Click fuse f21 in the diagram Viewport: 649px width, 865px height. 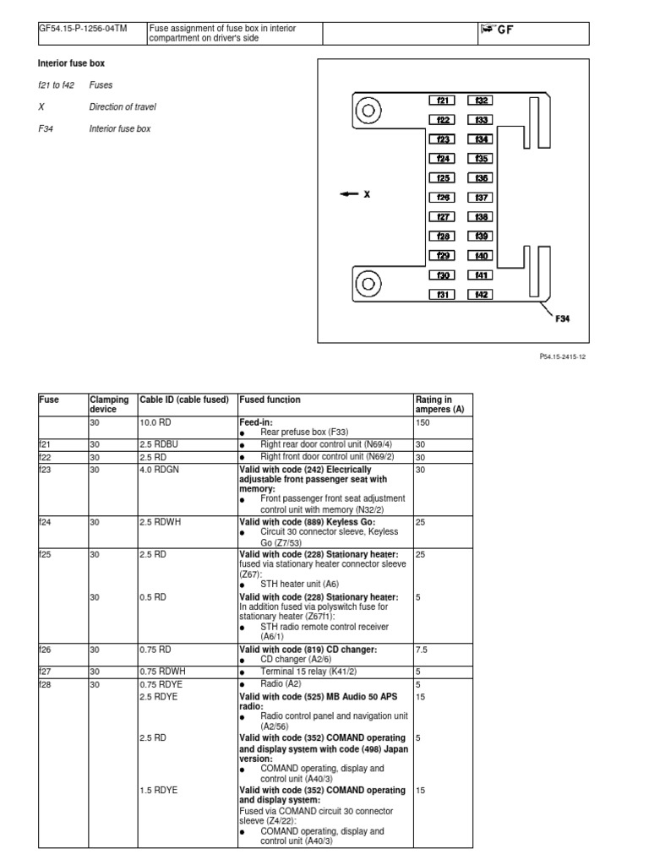pos(442,100)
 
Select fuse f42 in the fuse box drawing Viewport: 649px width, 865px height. pos(482,295)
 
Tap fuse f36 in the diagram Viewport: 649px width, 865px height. pos(482,178)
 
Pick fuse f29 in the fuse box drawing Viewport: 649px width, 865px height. pos(442,256)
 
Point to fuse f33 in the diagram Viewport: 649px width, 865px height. pos(482,120)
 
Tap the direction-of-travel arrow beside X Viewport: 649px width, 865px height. pos(349,194)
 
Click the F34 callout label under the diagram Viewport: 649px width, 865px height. pos(563,319)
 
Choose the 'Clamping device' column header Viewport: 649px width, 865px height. pos(109,405)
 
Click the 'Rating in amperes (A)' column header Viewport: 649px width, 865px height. pos(437,405)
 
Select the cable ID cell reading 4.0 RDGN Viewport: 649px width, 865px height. pos(158,468)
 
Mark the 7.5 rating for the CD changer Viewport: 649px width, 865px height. pos(421,650)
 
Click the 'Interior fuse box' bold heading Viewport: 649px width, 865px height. pos(71,63)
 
